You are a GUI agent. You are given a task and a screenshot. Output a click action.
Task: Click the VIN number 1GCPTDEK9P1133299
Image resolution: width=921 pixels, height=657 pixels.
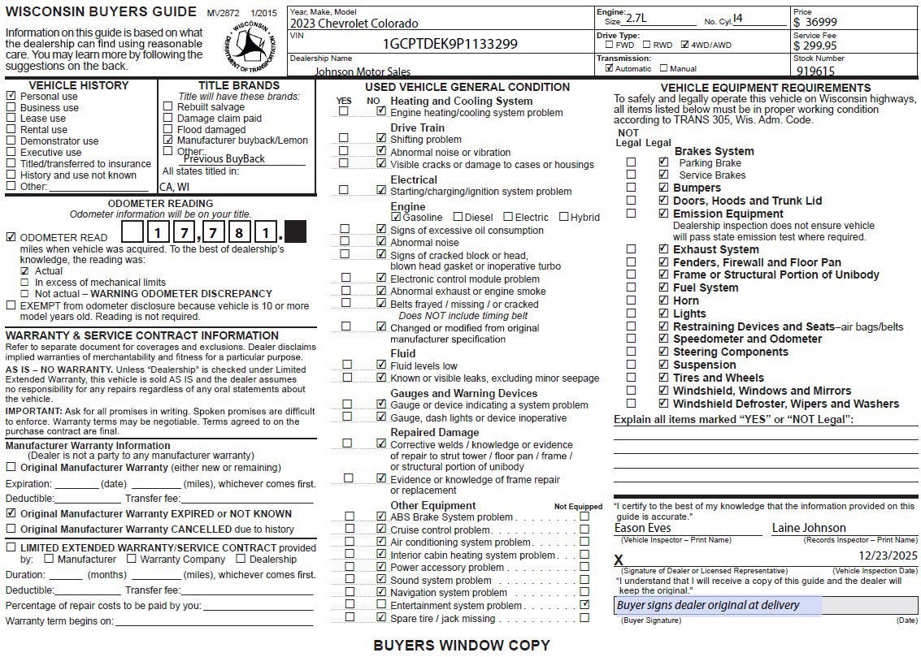[450, 44]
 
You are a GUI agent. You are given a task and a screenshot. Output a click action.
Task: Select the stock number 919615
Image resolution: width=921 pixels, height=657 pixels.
[816, 71]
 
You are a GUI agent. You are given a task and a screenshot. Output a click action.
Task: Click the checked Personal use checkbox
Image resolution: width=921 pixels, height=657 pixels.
[11, 96]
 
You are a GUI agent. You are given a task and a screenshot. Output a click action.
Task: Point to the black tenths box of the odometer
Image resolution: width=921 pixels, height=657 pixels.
[296, 233]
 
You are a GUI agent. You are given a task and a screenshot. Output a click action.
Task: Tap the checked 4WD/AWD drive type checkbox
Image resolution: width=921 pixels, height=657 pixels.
[684, 45]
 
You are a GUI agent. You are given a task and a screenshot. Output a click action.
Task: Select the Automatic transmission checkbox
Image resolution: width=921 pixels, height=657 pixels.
[610, 69]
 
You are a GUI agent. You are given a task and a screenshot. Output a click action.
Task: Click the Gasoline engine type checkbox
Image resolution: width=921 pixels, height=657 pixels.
[396, 217]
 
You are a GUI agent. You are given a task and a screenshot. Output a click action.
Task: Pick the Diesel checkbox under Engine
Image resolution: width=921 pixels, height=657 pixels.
[458, 217]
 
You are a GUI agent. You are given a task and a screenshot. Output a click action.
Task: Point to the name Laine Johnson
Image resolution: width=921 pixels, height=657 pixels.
[809, 528]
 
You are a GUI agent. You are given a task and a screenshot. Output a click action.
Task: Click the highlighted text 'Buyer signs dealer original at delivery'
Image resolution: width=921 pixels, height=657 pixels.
[708, 605]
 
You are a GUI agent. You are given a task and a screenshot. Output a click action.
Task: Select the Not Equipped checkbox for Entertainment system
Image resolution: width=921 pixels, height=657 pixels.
[584, 605]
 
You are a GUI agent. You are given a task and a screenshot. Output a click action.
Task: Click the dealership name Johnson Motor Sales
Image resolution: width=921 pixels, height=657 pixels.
[363, 71]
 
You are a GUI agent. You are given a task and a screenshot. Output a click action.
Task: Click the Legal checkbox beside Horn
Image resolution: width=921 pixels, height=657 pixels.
[663, 300]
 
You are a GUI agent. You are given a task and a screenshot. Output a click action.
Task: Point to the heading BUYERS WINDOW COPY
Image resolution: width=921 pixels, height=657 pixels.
[461, 646]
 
